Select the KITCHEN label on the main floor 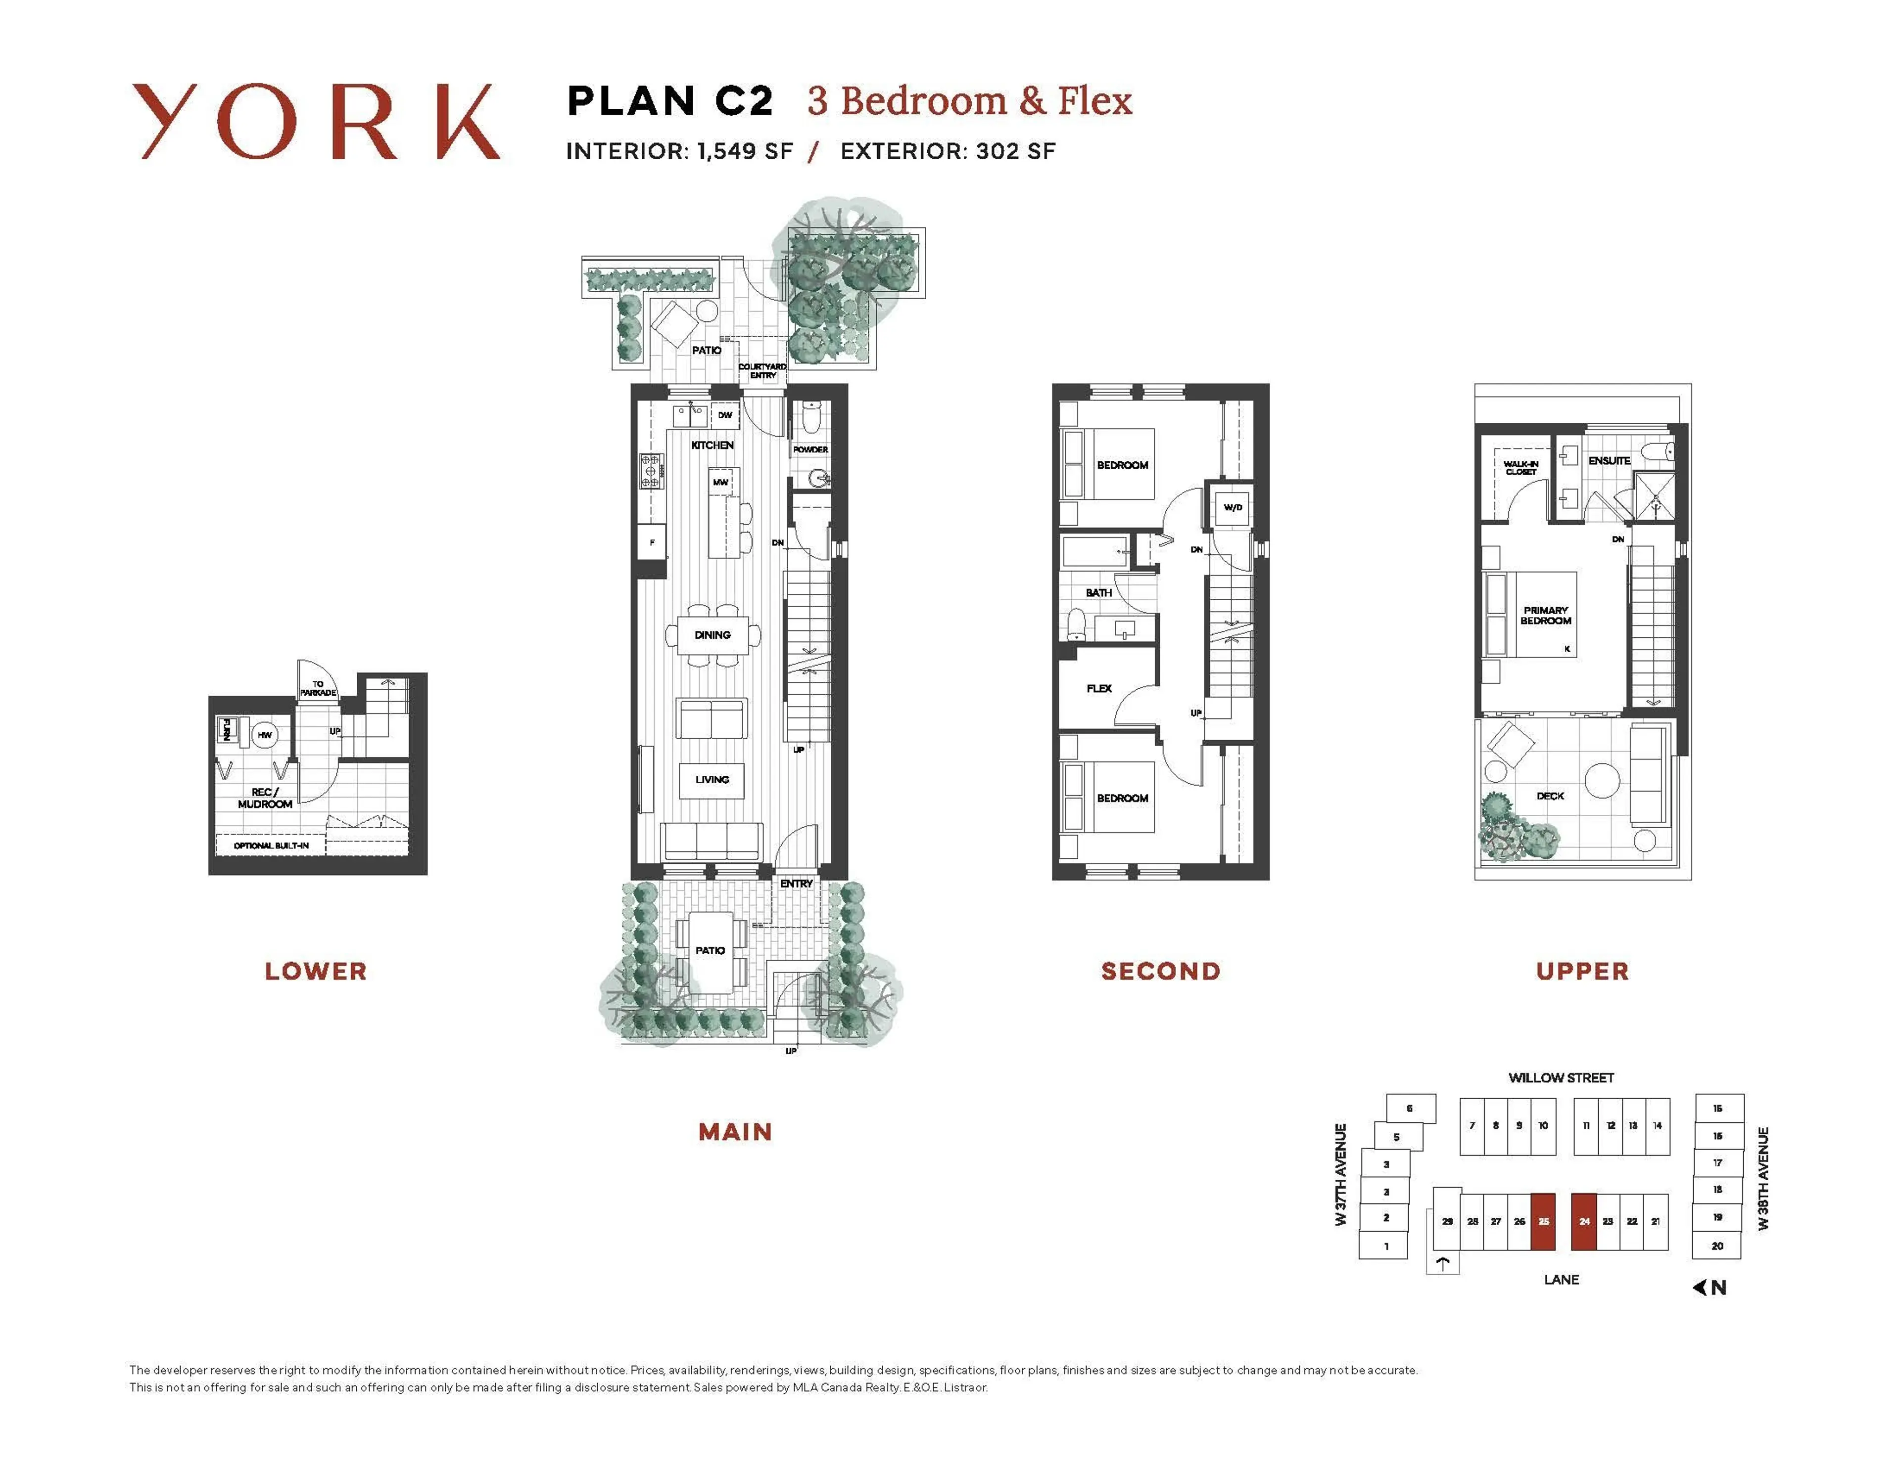coord(712,445)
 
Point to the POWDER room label coord(810,449)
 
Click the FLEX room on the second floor coord(1099,689)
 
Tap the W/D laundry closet coord(1233,508)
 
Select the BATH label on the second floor coord(1098,593)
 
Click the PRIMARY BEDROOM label coord(1545,616)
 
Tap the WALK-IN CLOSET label coord(1520,468)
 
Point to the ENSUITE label coord(1609,461)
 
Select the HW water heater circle coord(265,735)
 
